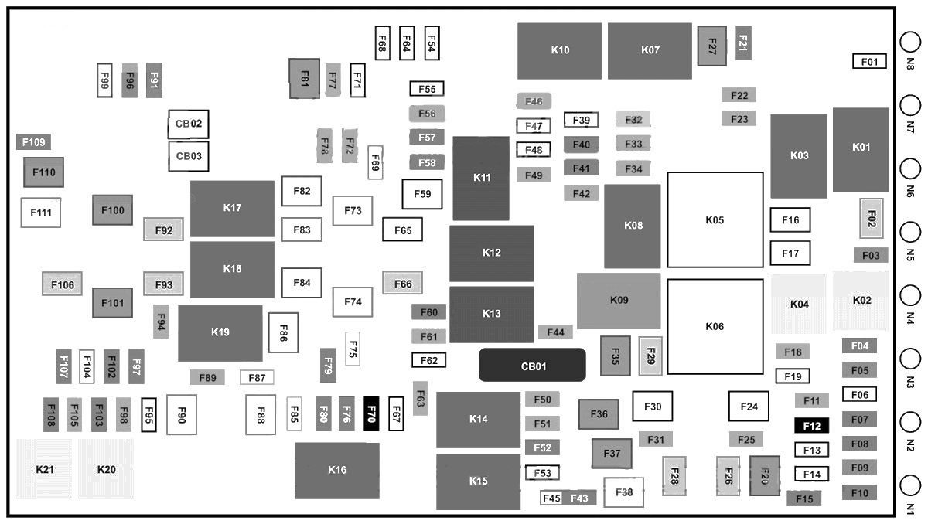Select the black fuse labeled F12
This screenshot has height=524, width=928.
click(x=812, y=425)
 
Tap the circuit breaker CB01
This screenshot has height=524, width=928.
click(x=533, y=365)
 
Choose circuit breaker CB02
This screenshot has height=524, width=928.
click(x=189, y=124)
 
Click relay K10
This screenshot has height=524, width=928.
click(x=559, y=50)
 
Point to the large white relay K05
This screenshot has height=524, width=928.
click(x=715, y=220)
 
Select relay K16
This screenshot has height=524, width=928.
click(x=337, y=470)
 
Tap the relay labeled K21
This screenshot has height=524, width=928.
click(x=45, y=469)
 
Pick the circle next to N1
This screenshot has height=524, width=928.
click(x=911, y=486)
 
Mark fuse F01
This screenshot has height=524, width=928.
click(x=869, y=61)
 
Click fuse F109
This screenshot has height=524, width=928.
click(x=34, y=142)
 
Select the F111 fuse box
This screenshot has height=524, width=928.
click(x=40, y=213)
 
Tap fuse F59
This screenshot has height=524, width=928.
click(x=422, y=194)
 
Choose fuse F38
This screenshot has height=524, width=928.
click(x=624, y=492)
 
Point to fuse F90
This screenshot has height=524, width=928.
click(x=182, y=415)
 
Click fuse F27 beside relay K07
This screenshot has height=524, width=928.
click(x=711, y=46)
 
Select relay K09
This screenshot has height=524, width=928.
click(x=619, y=301)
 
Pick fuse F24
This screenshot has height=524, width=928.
click(x=749, y=406)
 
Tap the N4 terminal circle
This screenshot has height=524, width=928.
click(x=911, y=295)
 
